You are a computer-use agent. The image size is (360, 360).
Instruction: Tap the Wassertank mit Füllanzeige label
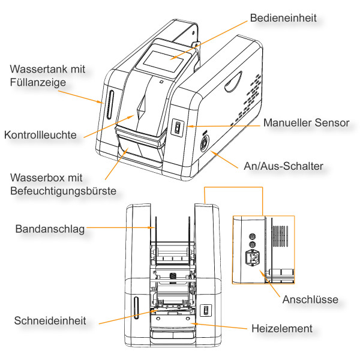(x=47, y=75)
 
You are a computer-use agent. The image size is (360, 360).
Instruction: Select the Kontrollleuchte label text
(x=41, y=135)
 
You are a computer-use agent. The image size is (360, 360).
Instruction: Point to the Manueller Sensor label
(x=306, y=123)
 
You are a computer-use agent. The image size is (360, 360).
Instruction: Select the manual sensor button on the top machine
(x=176, y=128)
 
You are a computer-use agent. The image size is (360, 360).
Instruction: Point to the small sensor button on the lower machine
(x=205, y=310)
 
